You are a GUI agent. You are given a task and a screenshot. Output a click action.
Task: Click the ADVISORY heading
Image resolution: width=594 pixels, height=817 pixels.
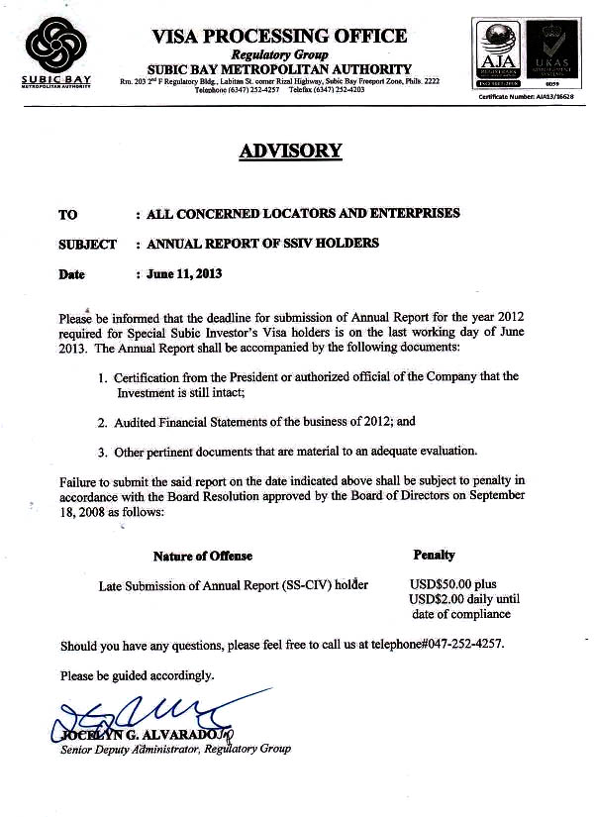click(x=290, y=152)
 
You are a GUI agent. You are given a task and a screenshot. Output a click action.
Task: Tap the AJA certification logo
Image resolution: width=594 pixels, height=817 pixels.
click(x=501, y=53)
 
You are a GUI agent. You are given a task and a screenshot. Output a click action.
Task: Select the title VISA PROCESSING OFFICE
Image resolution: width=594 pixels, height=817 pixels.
click(x=279, y=36)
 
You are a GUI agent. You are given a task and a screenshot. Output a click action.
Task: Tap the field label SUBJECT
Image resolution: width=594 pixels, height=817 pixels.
click(x=87, y=244)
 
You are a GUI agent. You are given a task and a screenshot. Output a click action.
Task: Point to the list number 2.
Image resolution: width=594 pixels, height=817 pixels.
click(x=102, y=422)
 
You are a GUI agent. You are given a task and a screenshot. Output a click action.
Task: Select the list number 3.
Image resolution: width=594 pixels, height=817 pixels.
click(x=102, y=453)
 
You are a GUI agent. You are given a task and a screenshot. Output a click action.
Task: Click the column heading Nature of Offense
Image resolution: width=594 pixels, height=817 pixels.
click(x=203, y=556)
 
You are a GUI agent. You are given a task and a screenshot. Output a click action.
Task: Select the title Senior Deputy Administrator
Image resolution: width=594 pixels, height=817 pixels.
click(x=129, y=750)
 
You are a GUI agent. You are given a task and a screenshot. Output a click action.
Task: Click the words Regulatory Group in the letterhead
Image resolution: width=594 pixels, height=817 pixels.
click(x=277, y=54)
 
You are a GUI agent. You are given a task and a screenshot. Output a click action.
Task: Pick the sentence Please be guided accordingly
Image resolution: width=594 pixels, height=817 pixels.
click(x=137, y=675)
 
